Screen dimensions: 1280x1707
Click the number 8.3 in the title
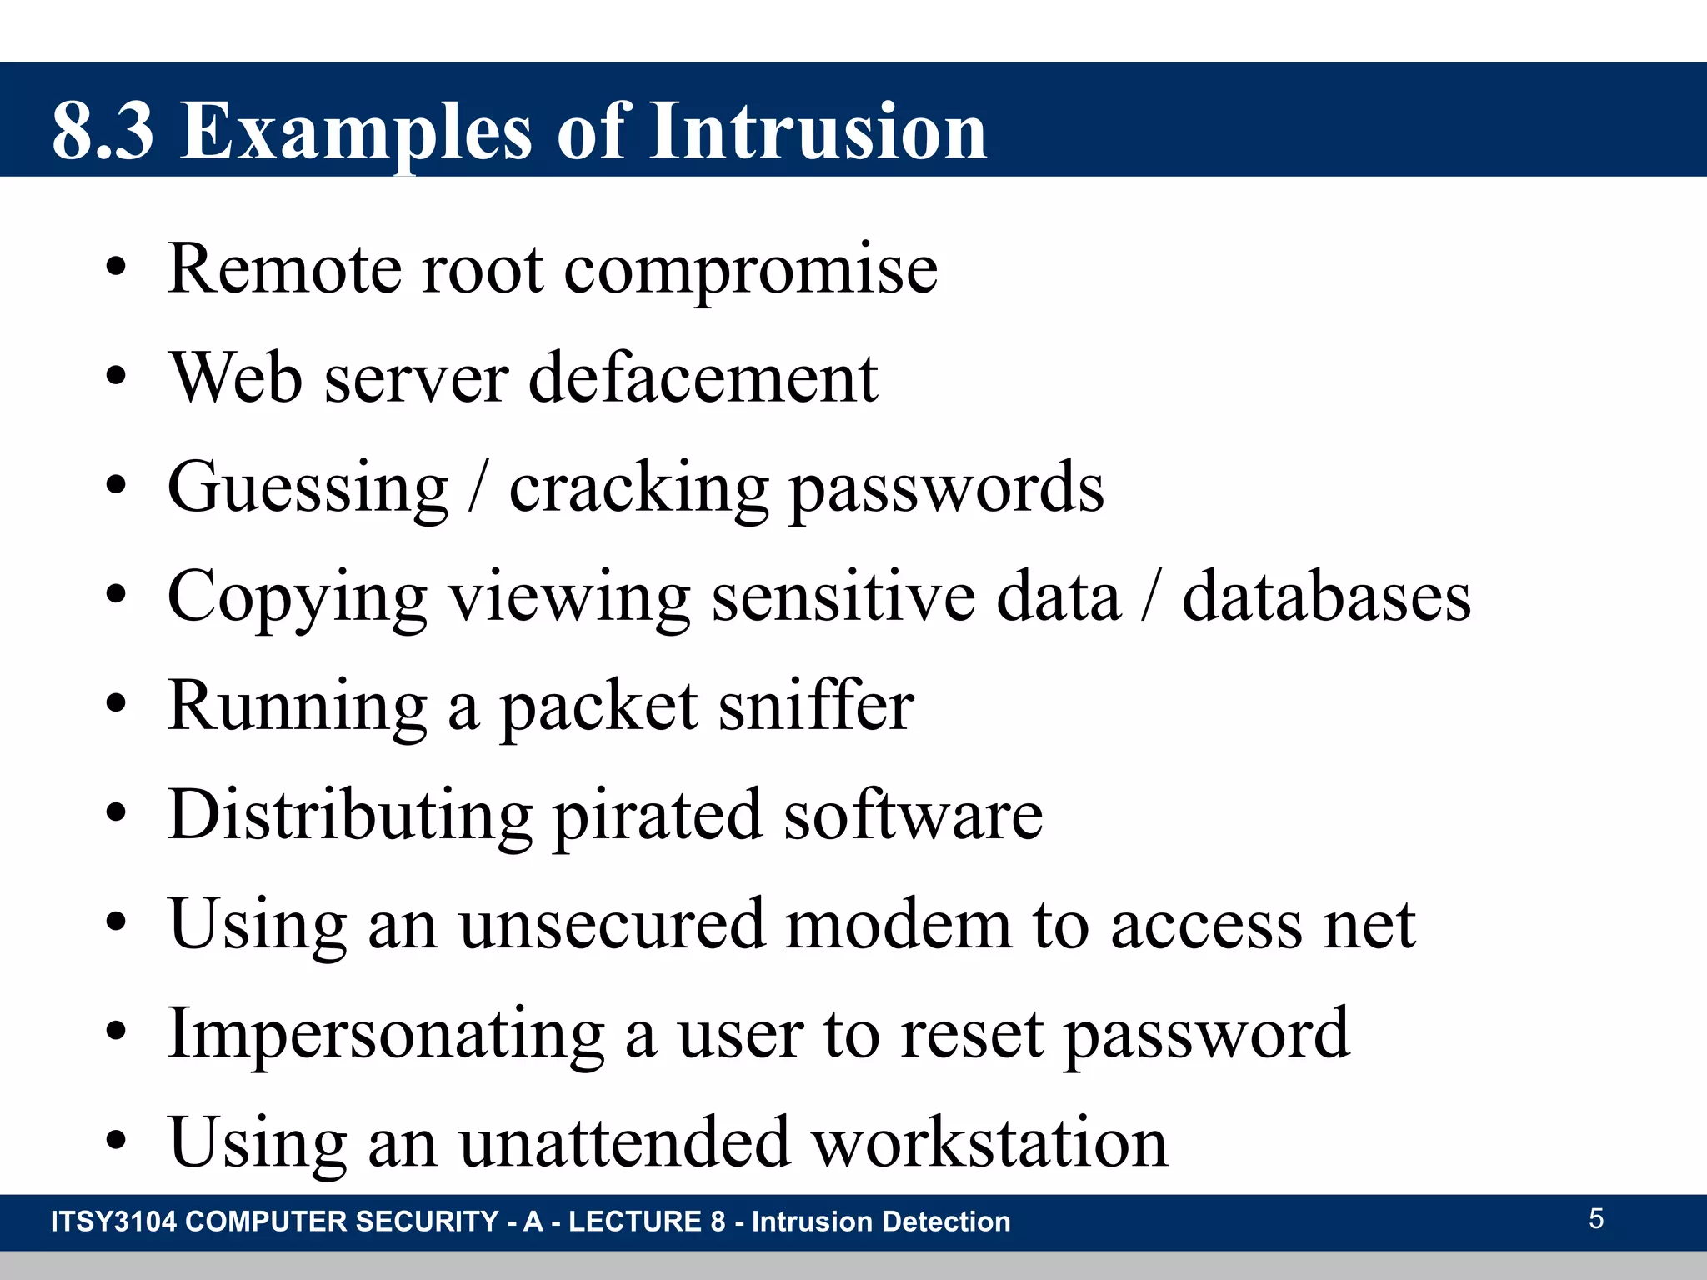(103, 131)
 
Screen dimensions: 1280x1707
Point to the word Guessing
(308, 489)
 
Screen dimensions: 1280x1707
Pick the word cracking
(638, 489)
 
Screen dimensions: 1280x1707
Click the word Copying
(297, 598)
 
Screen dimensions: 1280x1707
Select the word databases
(1326, 597)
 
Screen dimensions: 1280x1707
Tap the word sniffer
(816, 707)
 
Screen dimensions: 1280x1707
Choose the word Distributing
(350, 816)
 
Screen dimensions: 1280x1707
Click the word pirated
(657, 816)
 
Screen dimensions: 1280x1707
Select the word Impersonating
(386, 1034)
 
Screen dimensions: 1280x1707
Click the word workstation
(989, 1142)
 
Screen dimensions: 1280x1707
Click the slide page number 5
(1595, 1219)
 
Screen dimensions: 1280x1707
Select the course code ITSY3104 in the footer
(114, 1222)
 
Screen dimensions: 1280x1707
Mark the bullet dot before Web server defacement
(116, 377)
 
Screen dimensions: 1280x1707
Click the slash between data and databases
(1151, 597)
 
